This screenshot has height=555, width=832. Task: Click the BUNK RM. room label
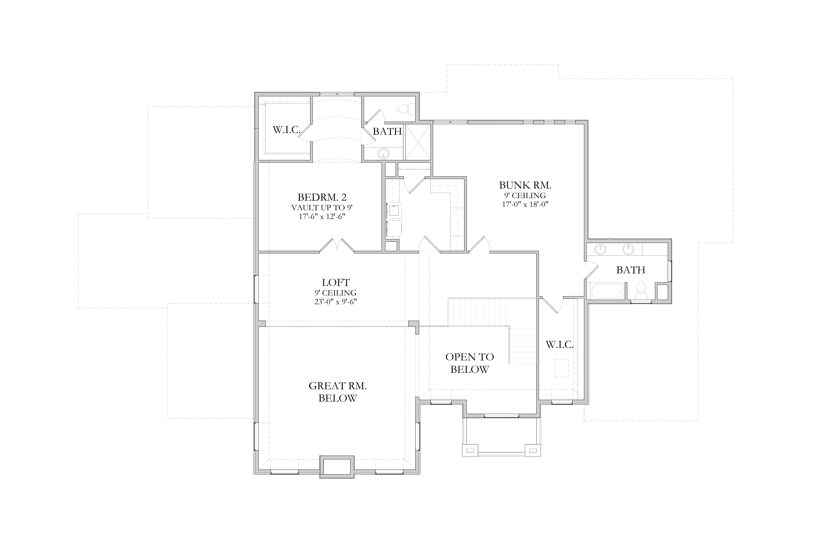525,185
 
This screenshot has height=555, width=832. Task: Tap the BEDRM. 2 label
322,197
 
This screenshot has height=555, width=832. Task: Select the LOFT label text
336,282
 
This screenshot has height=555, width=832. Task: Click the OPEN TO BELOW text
470,363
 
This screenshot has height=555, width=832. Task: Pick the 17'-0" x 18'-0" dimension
525,204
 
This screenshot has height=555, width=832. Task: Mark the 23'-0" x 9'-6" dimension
336,302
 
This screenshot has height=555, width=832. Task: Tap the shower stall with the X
418,142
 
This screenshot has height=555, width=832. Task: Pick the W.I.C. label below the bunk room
560,344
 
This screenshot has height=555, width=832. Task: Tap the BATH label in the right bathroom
631,270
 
